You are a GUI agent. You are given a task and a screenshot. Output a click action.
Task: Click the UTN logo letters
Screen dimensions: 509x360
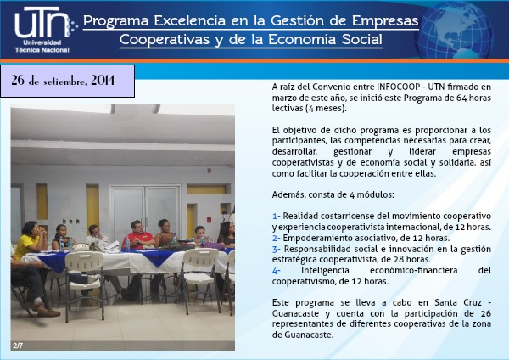[42, 22]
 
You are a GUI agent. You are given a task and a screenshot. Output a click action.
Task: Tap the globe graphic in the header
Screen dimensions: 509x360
[456, 30]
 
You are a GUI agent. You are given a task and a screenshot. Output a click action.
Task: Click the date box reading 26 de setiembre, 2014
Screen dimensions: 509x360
[68, 81]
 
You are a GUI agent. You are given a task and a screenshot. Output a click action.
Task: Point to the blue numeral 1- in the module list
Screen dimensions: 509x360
[277, 216]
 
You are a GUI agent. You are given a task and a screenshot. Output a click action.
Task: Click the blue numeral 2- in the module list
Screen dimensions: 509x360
[277, 238]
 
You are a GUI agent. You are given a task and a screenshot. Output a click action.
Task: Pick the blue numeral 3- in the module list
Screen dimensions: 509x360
[277, 250]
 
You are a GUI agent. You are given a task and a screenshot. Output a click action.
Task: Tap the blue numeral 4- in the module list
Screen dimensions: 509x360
[277, 271]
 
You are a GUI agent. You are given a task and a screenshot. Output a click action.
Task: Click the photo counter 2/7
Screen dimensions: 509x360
[18, 346]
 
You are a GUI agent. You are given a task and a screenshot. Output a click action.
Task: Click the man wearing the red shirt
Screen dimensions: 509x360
[138, 234]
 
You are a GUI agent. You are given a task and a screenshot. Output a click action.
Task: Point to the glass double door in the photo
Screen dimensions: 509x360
[145, 211]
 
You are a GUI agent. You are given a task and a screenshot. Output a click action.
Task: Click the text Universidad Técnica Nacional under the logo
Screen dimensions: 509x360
[42, 47]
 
